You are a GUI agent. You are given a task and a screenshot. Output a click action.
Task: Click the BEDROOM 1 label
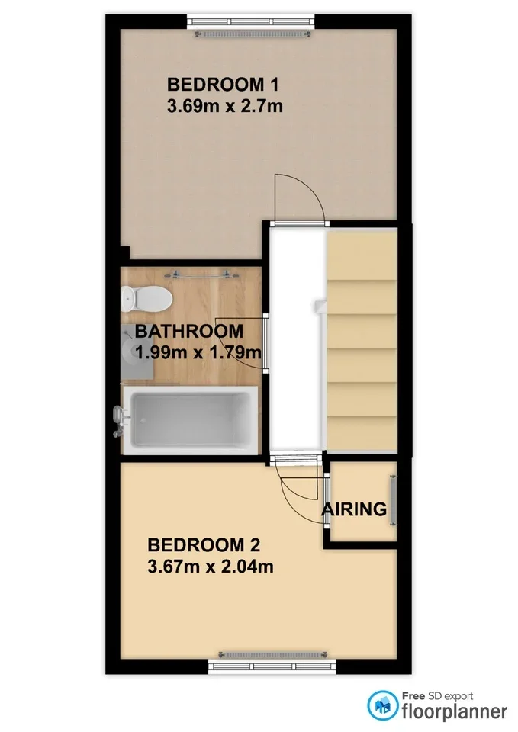coord(223,85)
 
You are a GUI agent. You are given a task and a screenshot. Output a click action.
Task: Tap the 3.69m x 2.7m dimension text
coord(224,106)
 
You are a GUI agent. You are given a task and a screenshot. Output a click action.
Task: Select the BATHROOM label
coord(189,331)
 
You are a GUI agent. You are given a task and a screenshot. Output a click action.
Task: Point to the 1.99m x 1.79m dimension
coord(198,352)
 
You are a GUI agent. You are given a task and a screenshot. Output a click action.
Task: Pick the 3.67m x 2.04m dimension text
coord(211,567)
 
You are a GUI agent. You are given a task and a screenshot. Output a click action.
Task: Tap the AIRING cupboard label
coord(354,509)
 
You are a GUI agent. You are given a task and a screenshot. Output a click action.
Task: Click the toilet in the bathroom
coord(146,298)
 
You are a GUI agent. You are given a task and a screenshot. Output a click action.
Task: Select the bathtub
coord(190,419)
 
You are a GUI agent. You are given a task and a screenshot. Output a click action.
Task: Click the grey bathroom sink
coord(137,352)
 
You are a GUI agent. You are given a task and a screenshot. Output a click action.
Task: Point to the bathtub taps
coord(119,421)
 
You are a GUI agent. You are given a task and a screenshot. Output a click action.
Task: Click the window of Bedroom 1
coord(251,21)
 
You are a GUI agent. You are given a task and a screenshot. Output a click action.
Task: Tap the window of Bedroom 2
coord(272,666)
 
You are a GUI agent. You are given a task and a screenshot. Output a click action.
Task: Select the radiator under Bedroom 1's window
coord(253,34)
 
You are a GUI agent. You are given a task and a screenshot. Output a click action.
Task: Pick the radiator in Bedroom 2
coord(273,655)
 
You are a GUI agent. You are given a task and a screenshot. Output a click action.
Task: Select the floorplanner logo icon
coord(382,706)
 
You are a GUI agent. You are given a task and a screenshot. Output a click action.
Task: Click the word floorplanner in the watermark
coord(455,712)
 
